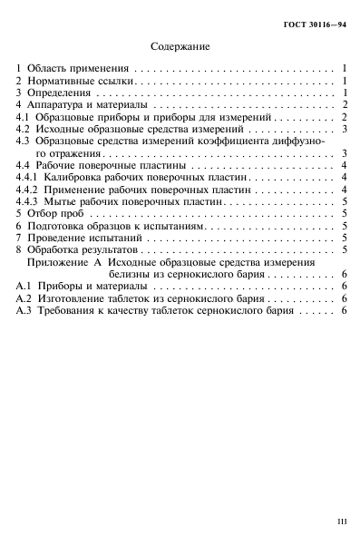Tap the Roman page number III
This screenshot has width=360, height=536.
pyautogui.click(x=341, y=521)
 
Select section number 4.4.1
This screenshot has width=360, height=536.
pyautogui.click(x=28, y=181)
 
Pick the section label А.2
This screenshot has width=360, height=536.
pyautogui.click(x=24, y=298)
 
